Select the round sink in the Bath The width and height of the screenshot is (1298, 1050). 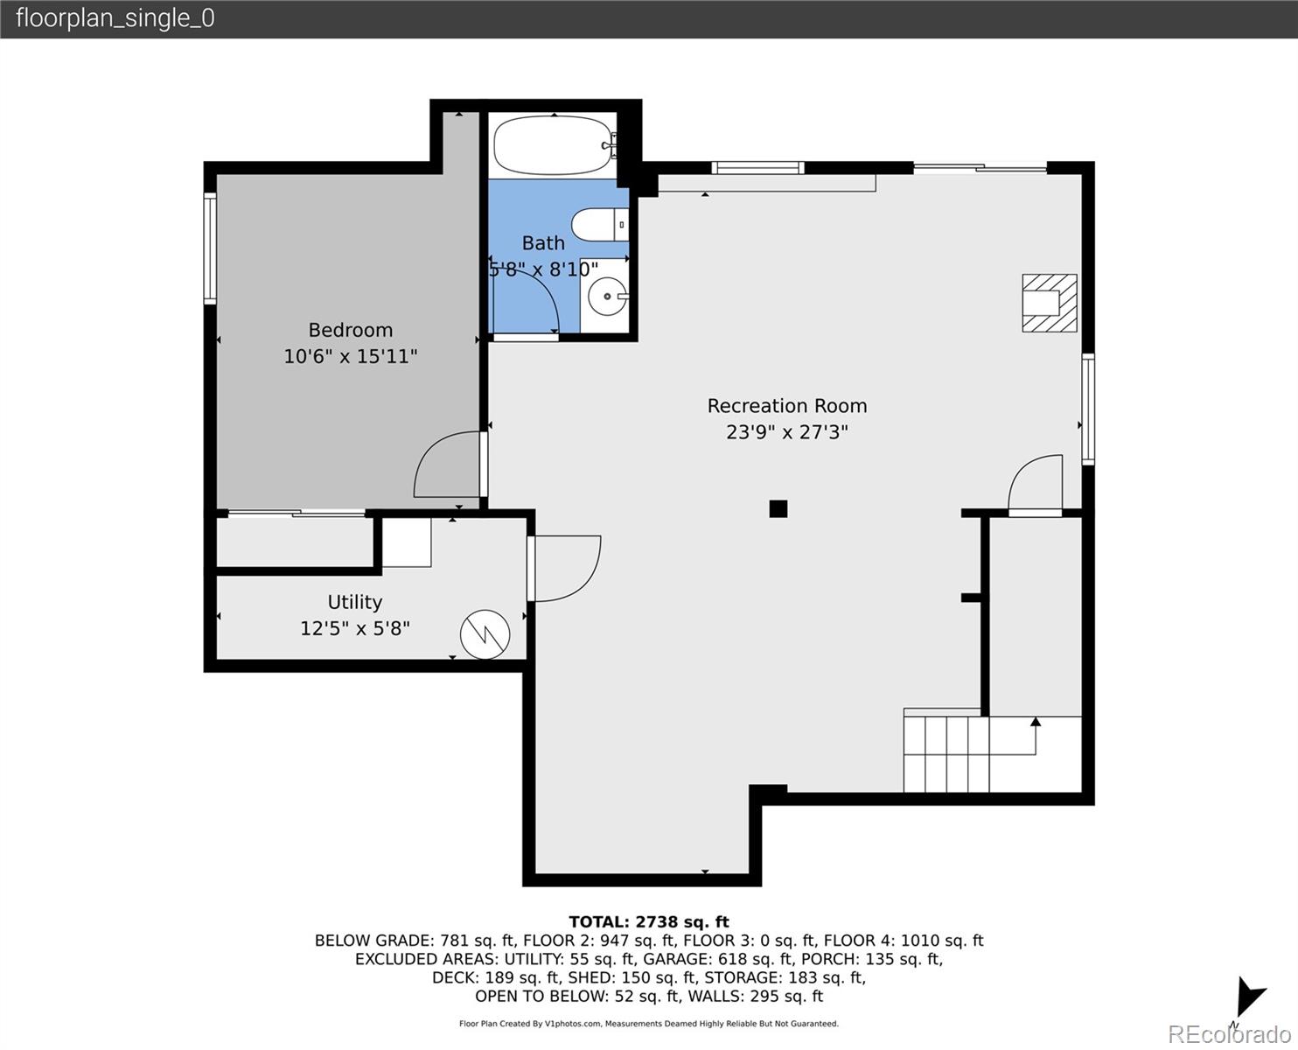pyautogui.click(x=607, y=296)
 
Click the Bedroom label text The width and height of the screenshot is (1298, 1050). pyautogui.click(x=351, y=330)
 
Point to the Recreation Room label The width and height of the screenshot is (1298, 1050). pyautogui.click(x=786, y=406)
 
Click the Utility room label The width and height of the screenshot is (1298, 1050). pyautogui.click(x=354, y=602)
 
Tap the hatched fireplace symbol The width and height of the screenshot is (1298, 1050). pyautogui.click(x=1050, y=303)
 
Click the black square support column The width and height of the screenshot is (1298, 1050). pyautogui.click(x=778, y=509)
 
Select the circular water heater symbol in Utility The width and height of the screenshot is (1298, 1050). pyautogui.click(x=485, y=634)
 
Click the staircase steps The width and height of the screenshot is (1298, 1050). pyautogui.click(x=946, y=754)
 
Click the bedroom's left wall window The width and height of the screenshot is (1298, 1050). pyautogui.click(x=210, y=248)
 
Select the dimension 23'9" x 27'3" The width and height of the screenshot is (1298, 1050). pyautogui.click(x=786, y=432)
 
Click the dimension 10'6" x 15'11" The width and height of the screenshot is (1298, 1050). pyautogui.click(x=351, y=356)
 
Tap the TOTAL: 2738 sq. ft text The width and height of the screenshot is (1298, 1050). pyautogui.click(x=649, y=921)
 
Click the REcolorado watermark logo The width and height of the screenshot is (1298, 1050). pyautogui.click(x=1229, y=1033)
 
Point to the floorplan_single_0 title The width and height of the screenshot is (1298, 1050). pyautogui.click(x=115, y=18)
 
